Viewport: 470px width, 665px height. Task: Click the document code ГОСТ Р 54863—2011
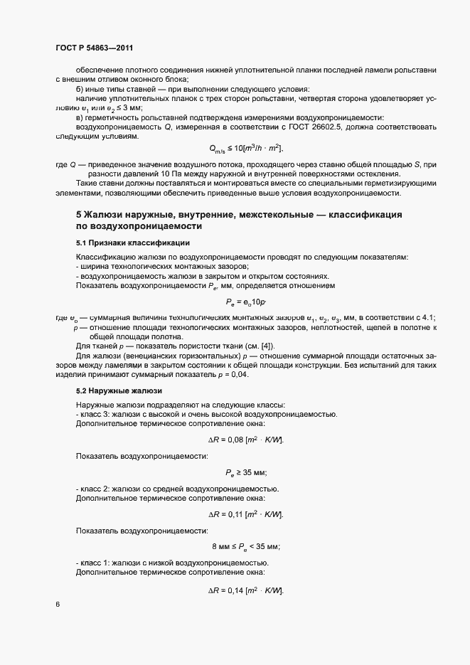(x=94, y=48)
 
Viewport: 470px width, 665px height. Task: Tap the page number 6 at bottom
(x=58, y=605)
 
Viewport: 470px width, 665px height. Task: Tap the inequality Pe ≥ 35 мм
(x=246, y=473)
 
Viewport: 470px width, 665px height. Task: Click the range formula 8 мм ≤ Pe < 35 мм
(x=246, y=546)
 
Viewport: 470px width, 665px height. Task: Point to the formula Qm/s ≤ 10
(x=246, y=148)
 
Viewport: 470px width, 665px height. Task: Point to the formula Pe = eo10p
(x=245, y=302)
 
